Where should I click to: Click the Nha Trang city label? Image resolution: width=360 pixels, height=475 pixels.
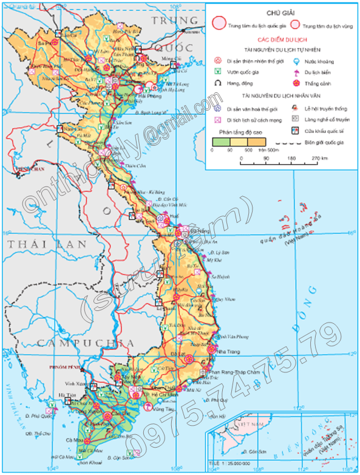[229, 352]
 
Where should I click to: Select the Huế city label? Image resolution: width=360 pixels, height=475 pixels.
[175, 216]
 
